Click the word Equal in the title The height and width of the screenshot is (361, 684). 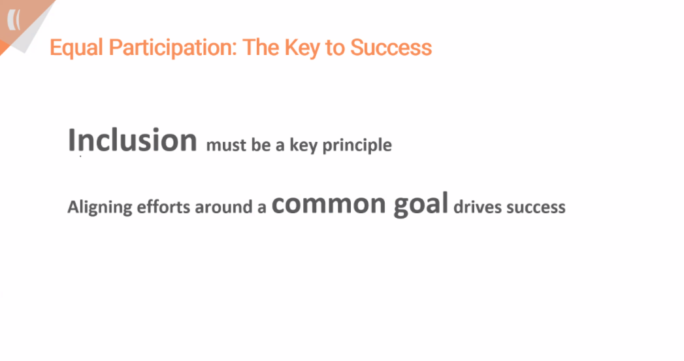[76, 48]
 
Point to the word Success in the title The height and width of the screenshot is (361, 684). [391, 47]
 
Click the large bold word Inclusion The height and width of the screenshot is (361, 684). [133, 140]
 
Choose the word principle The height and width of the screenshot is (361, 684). [357, 146]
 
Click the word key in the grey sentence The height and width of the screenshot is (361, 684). [303, 146]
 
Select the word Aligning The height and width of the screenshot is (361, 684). [99, 207]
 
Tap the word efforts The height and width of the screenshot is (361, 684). [163, 207]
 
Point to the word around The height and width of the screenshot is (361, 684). [225, 207]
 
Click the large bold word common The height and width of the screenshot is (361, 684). [329, 204]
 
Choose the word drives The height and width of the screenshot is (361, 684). [478, 207]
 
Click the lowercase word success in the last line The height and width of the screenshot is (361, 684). [536, 207]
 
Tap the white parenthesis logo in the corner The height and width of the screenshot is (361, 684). [14, 20]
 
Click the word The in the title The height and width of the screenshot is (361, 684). [261, 47]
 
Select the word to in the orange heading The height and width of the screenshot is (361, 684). [334, 48]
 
